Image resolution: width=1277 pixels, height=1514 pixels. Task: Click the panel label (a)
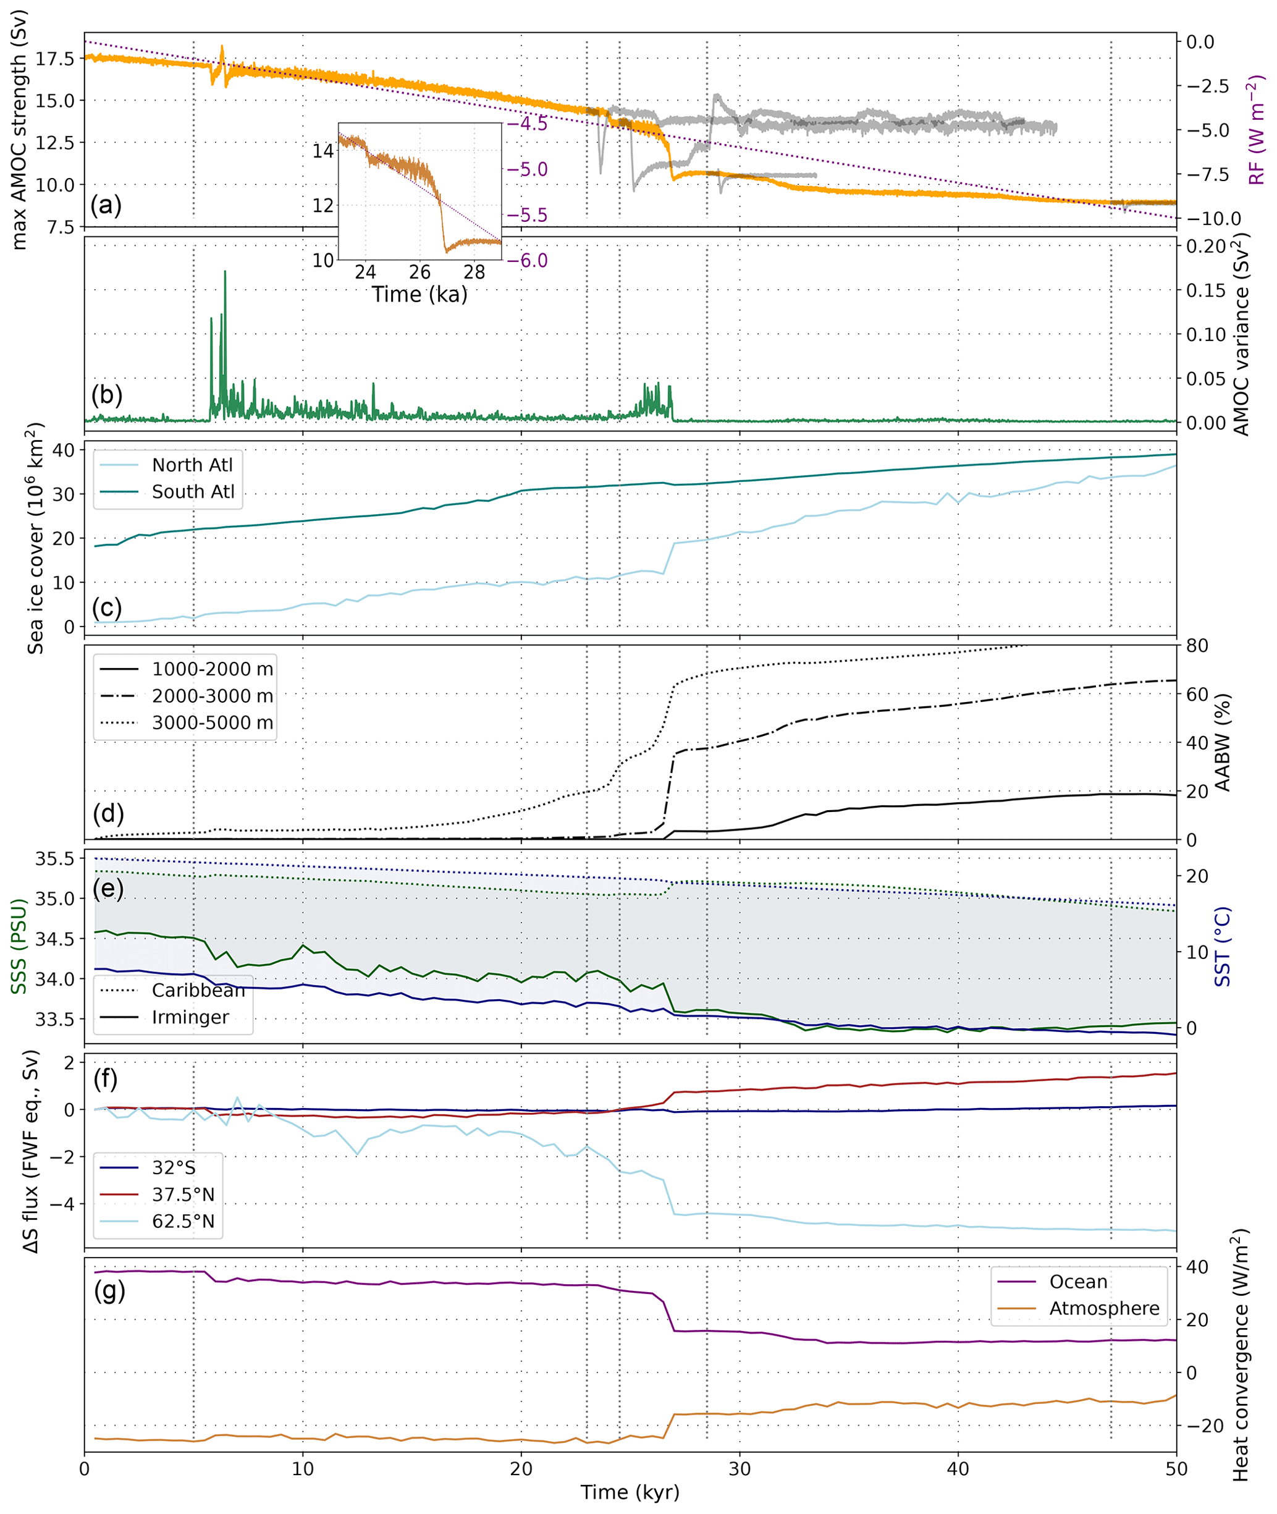106,205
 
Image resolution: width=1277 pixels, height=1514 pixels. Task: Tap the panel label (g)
109,1290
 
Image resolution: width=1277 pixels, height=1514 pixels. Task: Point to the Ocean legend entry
1078,1282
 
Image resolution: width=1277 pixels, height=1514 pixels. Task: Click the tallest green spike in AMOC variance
225,273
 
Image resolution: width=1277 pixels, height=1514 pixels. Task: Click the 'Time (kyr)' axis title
630,1492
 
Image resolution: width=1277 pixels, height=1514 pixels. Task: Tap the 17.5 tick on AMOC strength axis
55,59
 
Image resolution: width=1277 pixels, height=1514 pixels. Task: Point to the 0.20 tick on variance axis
1205,246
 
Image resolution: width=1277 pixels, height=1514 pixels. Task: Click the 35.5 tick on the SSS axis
55,859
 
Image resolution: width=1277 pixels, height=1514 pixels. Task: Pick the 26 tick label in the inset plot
420,273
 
